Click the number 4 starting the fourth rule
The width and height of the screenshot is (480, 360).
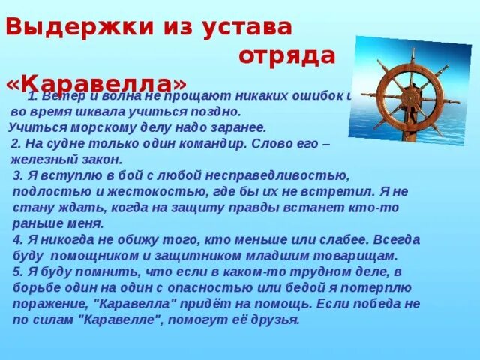[17, 239]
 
